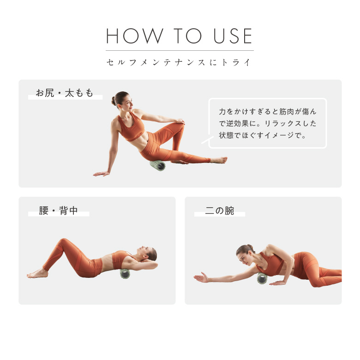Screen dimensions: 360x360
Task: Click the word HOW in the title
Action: tap(135, 36)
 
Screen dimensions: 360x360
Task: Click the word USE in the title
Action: tap(233, 36)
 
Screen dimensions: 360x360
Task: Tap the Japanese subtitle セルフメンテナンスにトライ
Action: tap(179, 62)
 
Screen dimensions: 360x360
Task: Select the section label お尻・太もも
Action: tap(65, 93)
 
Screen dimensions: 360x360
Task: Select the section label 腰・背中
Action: tap(58, 210)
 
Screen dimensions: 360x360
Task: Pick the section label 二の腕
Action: tap(220, 210)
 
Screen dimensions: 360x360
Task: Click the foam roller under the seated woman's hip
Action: tap(158, 165)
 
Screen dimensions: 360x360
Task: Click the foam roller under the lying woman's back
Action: tap(125, 273)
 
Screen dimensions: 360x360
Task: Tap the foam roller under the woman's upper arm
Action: tap(262, 278)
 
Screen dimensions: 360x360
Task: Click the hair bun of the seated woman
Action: tap(114, 101)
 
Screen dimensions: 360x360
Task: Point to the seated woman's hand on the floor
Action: tap(101, 174)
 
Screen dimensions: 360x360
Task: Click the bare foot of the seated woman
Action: tap(219, 160)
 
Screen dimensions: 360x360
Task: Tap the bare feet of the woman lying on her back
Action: tap(37, 273)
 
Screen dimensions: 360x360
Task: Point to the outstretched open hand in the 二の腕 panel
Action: tap(201, 277)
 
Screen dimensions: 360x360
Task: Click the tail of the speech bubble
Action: tap(207, 140)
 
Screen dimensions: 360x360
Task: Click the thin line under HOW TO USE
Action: tap(180, 50)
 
